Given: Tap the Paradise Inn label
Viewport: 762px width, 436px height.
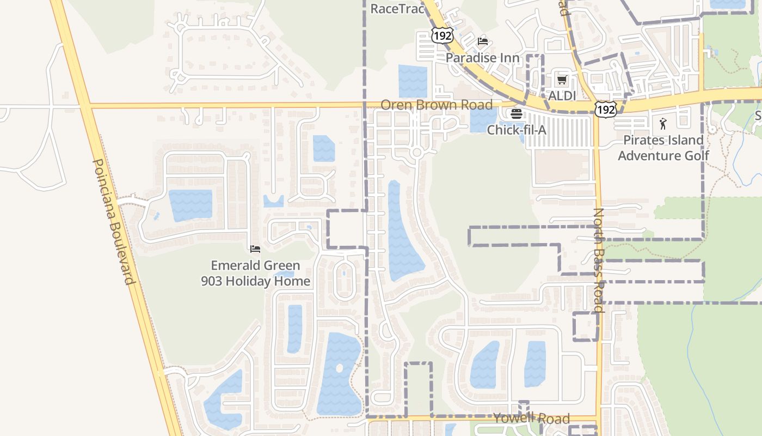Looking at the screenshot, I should tap(482, 57).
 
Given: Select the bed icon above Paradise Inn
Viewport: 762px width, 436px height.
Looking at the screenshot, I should tap(482, 41).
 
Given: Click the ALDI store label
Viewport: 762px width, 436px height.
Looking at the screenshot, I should tap(561, 95).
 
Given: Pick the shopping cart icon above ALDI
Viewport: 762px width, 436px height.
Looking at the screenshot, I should tap(562, 80).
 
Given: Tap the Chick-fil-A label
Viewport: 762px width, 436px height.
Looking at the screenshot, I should tap(516, 130).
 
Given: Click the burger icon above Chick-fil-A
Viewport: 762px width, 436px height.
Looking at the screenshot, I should tap(516, 114).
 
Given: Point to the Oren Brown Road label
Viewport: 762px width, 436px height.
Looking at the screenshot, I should tap(437, 105).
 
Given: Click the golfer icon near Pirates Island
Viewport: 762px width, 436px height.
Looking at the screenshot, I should tap(662, 124).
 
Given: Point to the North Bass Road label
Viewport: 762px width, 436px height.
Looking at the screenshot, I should tap(598, 260).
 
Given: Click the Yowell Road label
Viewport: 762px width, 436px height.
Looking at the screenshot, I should tap(531, 419).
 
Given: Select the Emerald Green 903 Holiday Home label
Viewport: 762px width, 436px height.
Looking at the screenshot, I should tap(255, 274).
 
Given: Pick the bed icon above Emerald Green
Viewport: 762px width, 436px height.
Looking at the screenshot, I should tap(255, 249).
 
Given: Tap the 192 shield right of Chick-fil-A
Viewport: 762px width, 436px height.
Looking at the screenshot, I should tap(605, 110).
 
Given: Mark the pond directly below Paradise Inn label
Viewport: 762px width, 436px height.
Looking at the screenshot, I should tap(413, 81).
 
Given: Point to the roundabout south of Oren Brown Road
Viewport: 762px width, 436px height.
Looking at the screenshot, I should tap(417, 153).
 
